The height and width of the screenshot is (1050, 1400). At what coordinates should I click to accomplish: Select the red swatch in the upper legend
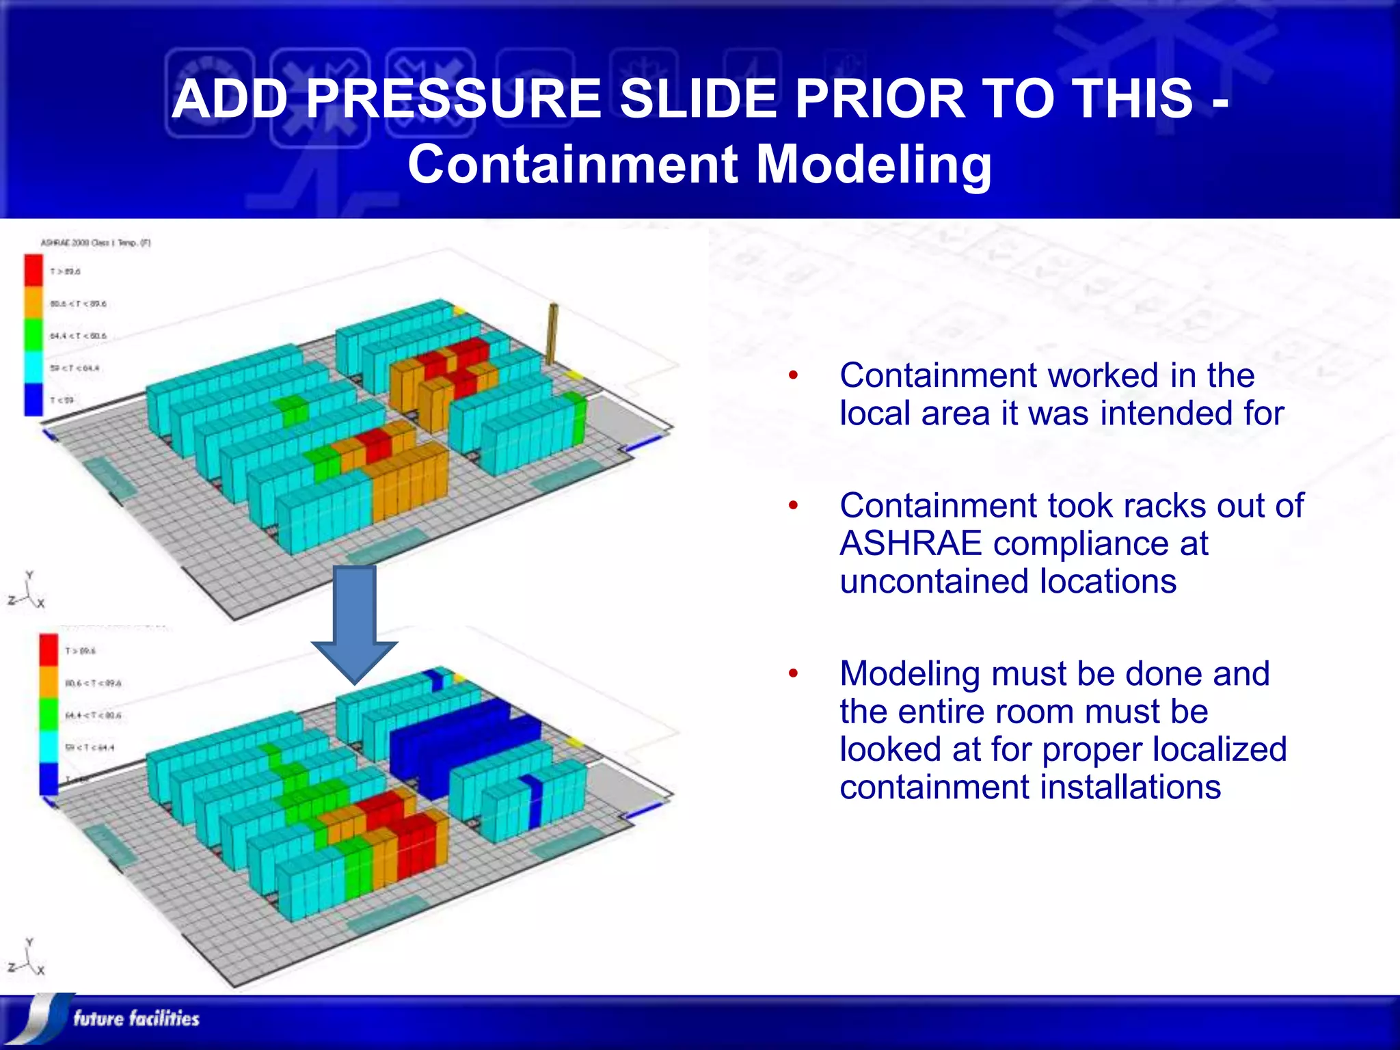coord(33,270)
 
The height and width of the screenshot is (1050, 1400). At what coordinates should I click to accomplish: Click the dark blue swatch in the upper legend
coord(33,400)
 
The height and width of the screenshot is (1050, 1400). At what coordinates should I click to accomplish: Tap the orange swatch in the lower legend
coord(49,682)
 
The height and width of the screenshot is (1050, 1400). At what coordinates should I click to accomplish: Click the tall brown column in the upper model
coord(552,334)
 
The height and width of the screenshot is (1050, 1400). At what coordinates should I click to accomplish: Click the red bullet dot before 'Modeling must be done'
coord(793,674)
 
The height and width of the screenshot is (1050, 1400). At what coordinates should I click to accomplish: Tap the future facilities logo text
coord(136,1019)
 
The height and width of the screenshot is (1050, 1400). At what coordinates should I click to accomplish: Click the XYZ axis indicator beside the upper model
coord(28,591)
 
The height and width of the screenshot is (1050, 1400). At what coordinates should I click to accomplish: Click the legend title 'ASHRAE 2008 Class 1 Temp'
coord(95,243)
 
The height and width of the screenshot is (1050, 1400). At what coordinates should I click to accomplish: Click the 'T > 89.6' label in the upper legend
coord(65,271)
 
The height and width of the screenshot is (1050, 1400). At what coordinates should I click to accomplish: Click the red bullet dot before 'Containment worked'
coord(793,375)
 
